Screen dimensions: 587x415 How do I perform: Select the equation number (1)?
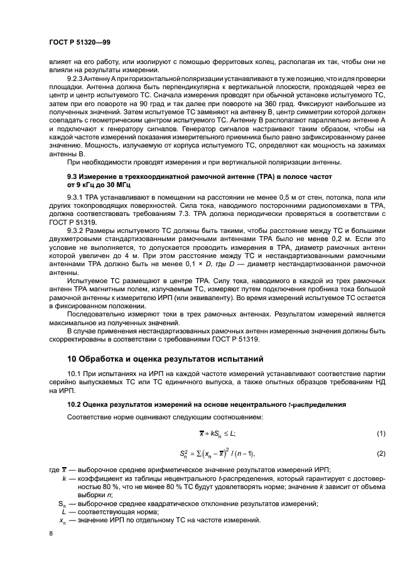click(380, 434)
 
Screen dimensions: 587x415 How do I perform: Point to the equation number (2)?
click(380, 453)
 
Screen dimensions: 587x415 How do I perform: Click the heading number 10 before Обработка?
click(72, 359)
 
